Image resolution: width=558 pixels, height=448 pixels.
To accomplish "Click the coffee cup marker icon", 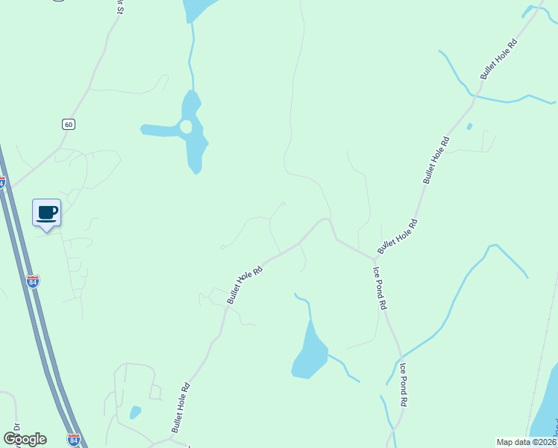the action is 47,213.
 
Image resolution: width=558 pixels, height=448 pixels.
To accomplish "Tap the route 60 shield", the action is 69,124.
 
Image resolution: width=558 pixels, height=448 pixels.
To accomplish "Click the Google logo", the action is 25,438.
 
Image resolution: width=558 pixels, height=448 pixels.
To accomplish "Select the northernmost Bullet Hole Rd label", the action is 499,60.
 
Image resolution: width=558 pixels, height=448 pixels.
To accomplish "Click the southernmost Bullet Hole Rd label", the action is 181,408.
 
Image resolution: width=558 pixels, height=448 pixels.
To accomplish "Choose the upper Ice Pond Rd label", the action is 380,287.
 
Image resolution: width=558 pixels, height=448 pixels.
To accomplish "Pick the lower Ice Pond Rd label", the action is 404,384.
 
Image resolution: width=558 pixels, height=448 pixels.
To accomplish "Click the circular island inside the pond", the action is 186,127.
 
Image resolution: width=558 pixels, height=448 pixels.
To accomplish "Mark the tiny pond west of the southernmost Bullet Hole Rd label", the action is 135,411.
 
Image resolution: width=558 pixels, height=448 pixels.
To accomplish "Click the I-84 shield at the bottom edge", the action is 73,440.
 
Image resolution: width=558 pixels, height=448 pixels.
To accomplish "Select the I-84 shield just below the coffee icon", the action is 33,281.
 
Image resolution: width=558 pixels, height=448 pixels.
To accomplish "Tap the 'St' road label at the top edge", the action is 119,6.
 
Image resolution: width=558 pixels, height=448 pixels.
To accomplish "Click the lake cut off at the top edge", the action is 198,8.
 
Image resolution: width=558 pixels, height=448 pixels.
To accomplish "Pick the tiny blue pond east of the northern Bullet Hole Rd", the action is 468,126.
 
